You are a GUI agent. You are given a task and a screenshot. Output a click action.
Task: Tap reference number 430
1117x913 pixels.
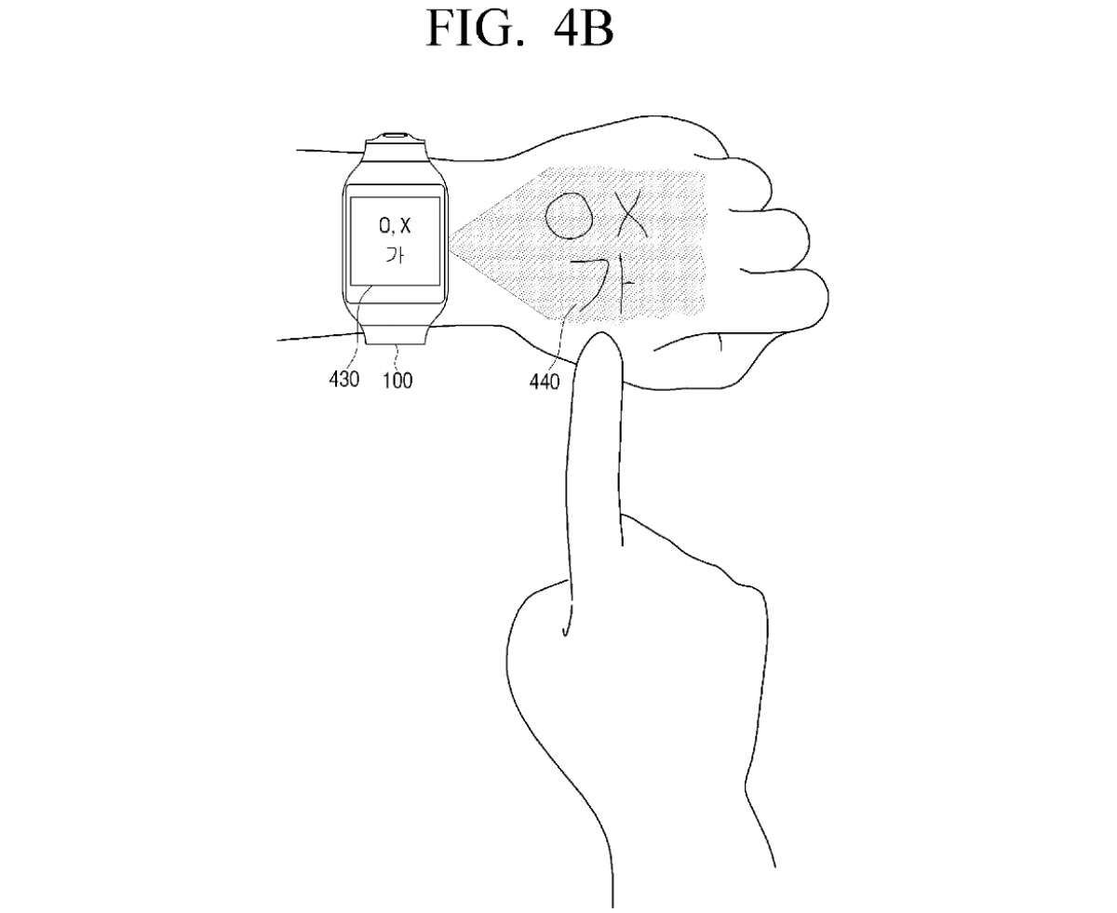point(343,379)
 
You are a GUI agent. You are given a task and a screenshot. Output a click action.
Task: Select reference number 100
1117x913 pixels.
point(397,381)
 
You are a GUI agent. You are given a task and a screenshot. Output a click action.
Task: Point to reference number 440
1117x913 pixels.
point(544,382)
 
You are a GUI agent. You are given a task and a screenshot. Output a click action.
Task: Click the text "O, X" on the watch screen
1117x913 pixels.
point(395,227)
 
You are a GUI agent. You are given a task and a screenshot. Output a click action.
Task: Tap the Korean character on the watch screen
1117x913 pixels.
point(396,255)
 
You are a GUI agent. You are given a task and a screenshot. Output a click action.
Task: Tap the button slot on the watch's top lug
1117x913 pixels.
point(395,135)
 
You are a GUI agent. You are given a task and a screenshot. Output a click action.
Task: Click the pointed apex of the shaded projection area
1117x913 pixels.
point(451,239)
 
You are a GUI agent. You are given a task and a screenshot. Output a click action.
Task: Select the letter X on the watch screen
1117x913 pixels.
point(405,226)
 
